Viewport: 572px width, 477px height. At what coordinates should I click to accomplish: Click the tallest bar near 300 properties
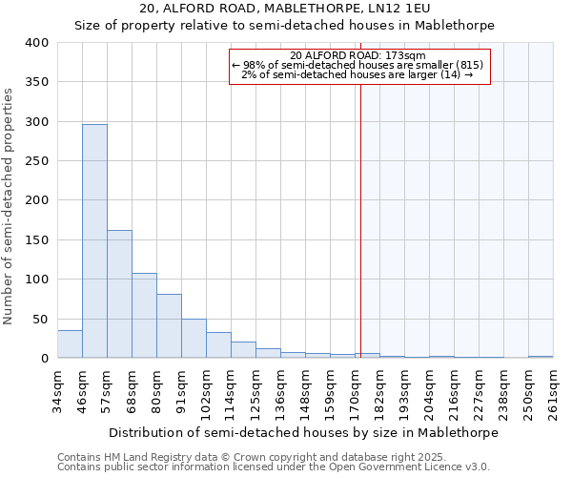[x=94, y=241]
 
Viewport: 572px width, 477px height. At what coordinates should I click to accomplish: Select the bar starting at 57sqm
[x=119, y=294]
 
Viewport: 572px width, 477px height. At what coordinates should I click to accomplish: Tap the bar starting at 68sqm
[x=144, y=316]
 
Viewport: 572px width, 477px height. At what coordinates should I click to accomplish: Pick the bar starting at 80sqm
[x=169, y=326]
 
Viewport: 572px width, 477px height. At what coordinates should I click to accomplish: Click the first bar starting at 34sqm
[x=70, y=344]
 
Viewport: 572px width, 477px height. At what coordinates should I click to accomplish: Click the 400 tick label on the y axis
[x=36, y=43]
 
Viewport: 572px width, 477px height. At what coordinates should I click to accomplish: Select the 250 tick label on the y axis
[x=36, y=161]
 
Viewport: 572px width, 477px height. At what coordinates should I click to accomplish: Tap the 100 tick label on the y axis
[x=36, y=280]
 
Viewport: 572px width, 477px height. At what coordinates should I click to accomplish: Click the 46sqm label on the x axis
[x=83, y=392]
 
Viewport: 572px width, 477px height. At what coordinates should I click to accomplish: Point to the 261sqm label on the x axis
[x=553, y=392]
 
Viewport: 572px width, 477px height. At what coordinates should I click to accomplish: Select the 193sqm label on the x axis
[x=405, y=392]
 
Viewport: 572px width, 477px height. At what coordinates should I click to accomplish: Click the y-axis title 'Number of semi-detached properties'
[x=9, y=205]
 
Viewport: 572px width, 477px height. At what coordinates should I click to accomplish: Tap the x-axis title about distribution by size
[x=303, y=432]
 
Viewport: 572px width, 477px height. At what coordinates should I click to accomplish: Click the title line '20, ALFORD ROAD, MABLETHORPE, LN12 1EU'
[x=284, y=9]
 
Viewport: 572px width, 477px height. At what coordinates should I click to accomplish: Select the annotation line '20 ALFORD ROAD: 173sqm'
[x=359, y=55]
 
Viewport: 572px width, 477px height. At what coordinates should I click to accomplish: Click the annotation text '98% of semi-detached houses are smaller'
[x=358, y=65]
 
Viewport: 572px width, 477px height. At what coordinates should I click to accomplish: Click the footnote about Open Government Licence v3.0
[x=273, y=467]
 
